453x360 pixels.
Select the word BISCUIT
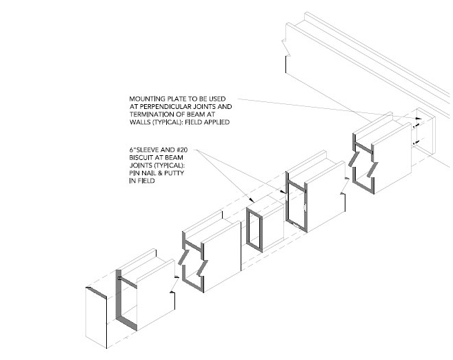(145, 158)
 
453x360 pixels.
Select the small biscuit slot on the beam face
(303, 209)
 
